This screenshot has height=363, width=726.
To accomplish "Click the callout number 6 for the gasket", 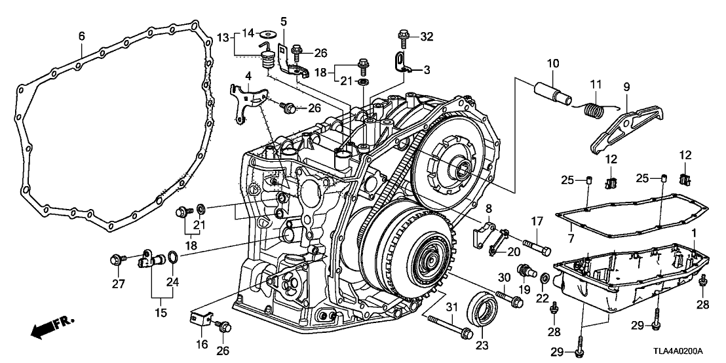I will click(x=81, y=37).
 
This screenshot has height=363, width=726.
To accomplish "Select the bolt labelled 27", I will click(x=118, y=261).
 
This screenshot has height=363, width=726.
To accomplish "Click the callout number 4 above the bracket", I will click(x=248, y=77).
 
